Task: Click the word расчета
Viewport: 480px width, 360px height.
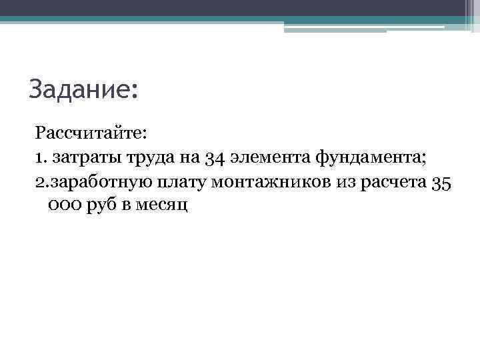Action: pos(391,182)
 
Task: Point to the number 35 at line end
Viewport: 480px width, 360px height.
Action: pos(442,182)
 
